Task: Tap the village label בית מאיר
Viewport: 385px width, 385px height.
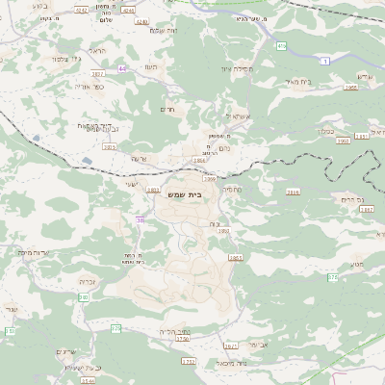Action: tap(300, 82)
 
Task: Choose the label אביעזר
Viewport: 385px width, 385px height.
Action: tap(260, 344)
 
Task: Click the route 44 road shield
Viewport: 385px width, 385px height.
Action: tap(122, 68)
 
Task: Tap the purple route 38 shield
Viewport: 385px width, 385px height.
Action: tap(141, 220)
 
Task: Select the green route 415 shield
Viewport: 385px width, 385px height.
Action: tap(281, 45)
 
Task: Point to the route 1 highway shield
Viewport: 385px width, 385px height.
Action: tap(327, 61)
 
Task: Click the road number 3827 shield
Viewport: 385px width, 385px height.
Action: tap(97, 73)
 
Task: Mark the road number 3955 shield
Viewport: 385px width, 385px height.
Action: tap(351, 88)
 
